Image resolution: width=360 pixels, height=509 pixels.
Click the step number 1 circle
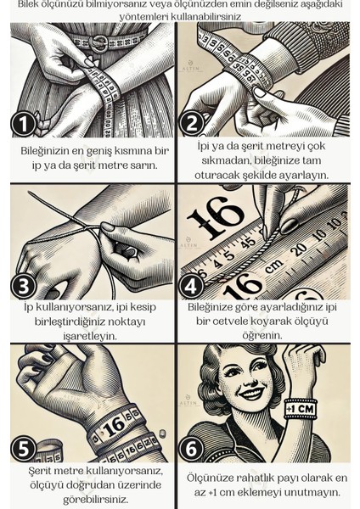click(23, 124)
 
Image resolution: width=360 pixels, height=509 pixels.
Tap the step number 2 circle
click(192, 124)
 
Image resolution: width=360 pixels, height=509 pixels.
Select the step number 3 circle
click(24, 286)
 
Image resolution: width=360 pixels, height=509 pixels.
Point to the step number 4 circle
click(191, 286)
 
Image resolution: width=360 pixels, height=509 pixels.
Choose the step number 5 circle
click(24, 450)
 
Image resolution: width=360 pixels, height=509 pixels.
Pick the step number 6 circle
click(191, 450)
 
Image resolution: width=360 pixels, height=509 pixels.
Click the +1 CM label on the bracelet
click(301, 408)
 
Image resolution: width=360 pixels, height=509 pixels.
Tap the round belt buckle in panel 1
click(98, 43)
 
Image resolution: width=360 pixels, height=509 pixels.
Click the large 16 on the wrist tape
click(115, 424)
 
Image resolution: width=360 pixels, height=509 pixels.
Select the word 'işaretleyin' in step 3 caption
click(90, 337)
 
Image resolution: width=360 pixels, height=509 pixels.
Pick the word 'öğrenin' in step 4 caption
click(262, 335)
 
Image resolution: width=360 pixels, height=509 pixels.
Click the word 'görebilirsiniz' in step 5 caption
click(96, 500)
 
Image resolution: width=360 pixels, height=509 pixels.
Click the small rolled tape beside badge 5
click(48, 451)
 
